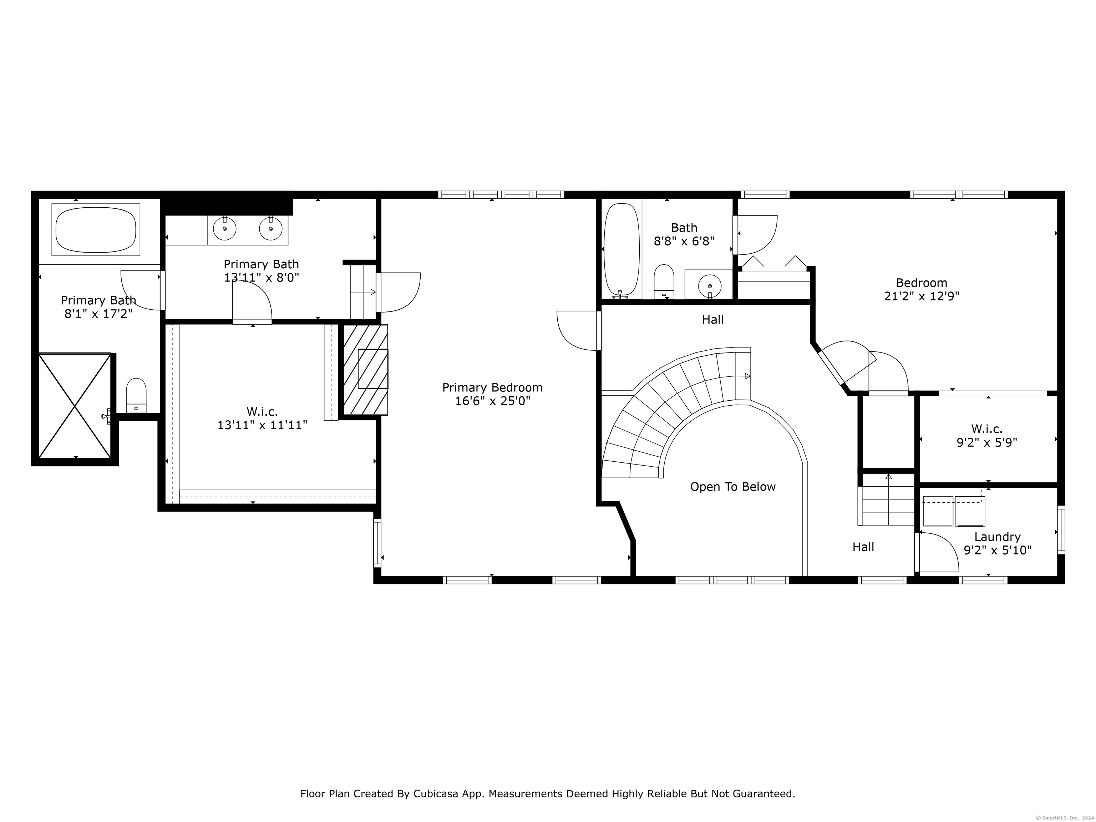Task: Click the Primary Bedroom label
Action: (492, 387)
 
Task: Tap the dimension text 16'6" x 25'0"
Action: (492, 401)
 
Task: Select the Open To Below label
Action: (733, 487)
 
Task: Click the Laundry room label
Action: (998, 537)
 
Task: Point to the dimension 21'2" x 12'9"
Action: (922, 296)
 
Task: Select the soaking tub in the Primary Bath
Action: (96, 230)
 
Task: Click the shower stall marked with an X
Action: (75, 406)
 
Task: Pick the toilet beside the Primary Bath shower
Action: (136, 395)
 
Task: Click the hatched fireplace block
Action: (366, 370)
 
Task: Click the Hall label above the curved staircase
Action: (712, 320)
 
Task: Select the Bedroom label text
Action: (922, 283)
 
